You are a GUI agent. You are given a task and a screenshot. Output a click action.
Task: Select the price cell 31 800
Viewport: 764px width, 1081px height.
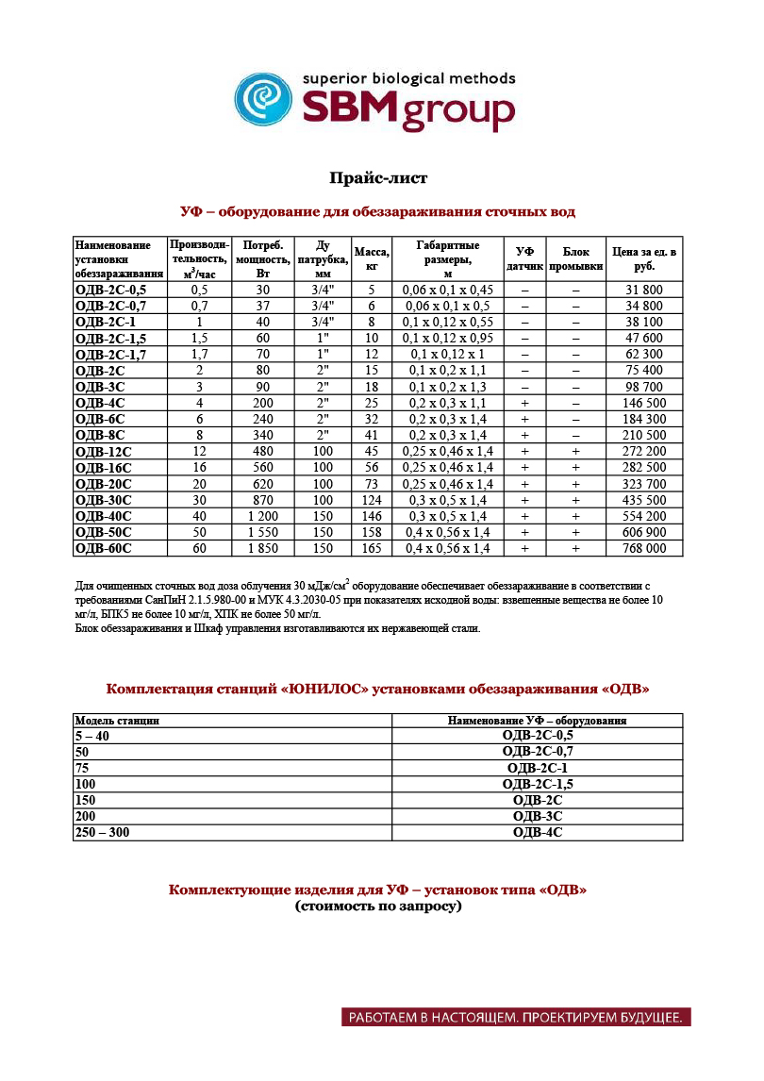[x=644, y=290]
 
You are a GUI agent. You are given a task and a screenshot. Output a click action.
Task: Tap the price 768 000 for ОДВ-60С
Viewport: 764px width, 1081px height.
[x=644, y=547]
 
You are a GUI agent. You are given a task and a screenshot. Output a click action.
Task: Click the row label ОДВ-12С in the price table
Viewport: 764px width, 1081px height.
[x=103, y=451]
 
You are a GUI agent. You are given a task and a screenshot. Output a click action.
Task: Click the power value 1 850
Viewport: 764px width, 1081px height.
[x=263, y=547]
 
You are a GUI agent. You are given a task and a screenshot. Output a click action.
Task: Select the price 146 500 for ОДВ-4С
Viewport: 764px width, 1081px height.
[x=644, y=402]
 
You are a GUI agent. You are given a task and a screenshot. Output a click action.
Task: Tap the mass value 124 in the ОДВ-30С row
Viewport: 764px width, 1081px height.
[x=372, y=499]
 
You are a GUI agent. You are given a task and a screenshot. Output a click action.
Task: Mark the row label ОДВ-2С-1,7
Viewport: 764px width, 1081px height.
[x=110, y=354]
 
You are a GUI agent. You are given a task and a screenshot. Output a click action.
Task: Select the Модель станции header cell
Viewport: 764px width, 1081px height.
[x=117, y=721]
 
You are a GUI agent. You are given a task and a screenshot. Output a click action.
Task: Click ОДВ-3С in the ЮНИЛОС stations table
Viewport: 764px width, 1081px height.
[x=538, y=816]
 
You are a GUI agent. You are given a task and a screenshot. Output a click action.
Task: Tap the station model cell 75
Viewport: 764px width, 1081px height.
[x=82, y=768]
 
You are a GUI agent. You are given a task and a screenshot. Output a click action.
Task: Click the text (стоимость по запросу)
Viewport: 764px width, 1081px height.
[x=377, y=906]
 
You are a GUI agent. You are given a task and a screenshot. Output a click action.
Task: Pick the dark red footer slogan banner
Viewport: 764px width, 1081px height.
[x=517, y=1018]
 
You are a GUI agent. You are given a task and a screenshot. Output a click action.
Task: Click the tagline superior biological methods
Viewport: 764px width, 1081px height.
[x=407, y=78]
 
